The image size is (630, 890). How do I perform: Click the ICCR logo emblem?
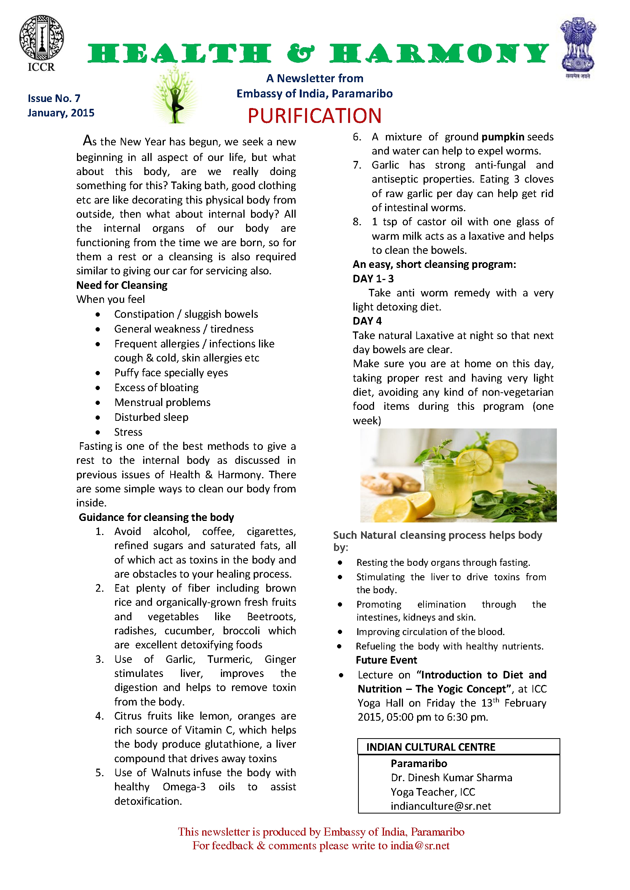point(42,38)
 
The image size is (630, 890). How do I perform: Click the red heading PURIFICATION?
point(315,116)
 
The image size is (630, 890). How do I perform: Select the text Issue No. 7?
point(54,99)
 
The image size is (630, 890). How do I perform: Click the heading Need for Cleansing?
point(122,285)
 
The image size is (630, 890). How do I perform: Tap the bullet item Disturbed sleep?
point(151,417)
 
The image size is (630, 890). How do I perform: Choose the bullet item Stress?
point(128,432)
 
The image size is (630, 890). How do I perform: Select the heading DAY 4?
point(367,322)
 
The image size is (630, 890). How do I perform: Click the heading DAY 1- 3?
point(373,279)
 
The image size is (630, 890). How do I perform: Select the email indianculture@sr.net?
point(441,806)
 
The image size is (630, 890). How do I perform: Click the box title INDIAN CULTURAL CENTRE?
point(431,747)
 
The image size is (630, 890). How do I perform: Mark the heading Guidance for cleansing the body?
point(156,517)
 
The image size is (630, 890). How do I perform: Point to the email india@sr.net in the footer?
point(420,845)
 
